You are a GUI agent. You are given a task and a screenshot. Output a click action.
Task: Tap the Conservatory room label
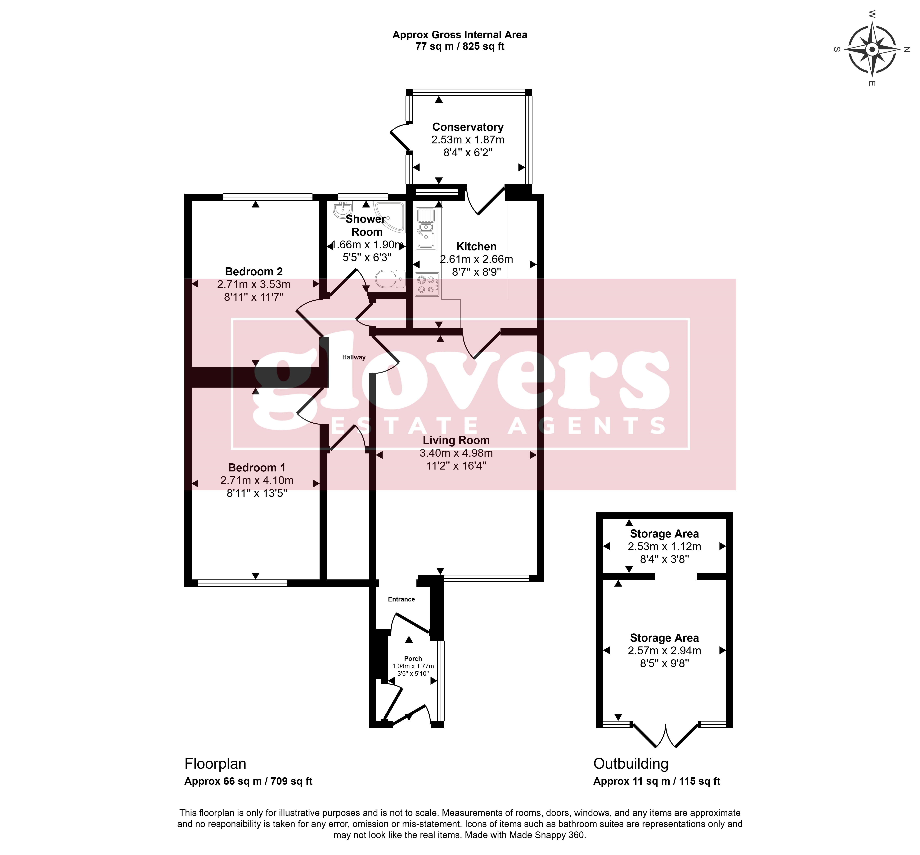pos(468,127)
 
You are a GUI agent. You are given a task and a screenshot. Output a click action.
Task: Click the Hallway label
pos(354,357)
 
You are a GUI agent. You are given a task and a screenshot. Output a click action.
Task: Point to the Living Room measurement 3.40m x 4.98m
pos(456,453)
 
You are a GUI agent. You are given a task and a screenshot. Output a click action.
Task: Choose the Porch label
pos(413,658)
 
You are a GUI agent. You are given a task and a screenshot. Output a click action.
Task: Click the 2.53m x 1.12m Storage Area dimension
pos(664,546)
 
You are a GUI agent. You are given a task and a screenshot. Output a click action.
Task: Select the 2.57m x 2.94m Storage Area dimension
pos(664,650)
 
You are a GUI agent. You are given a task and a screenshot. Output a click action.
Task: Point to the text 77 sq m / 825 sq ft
pos(460,46)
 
